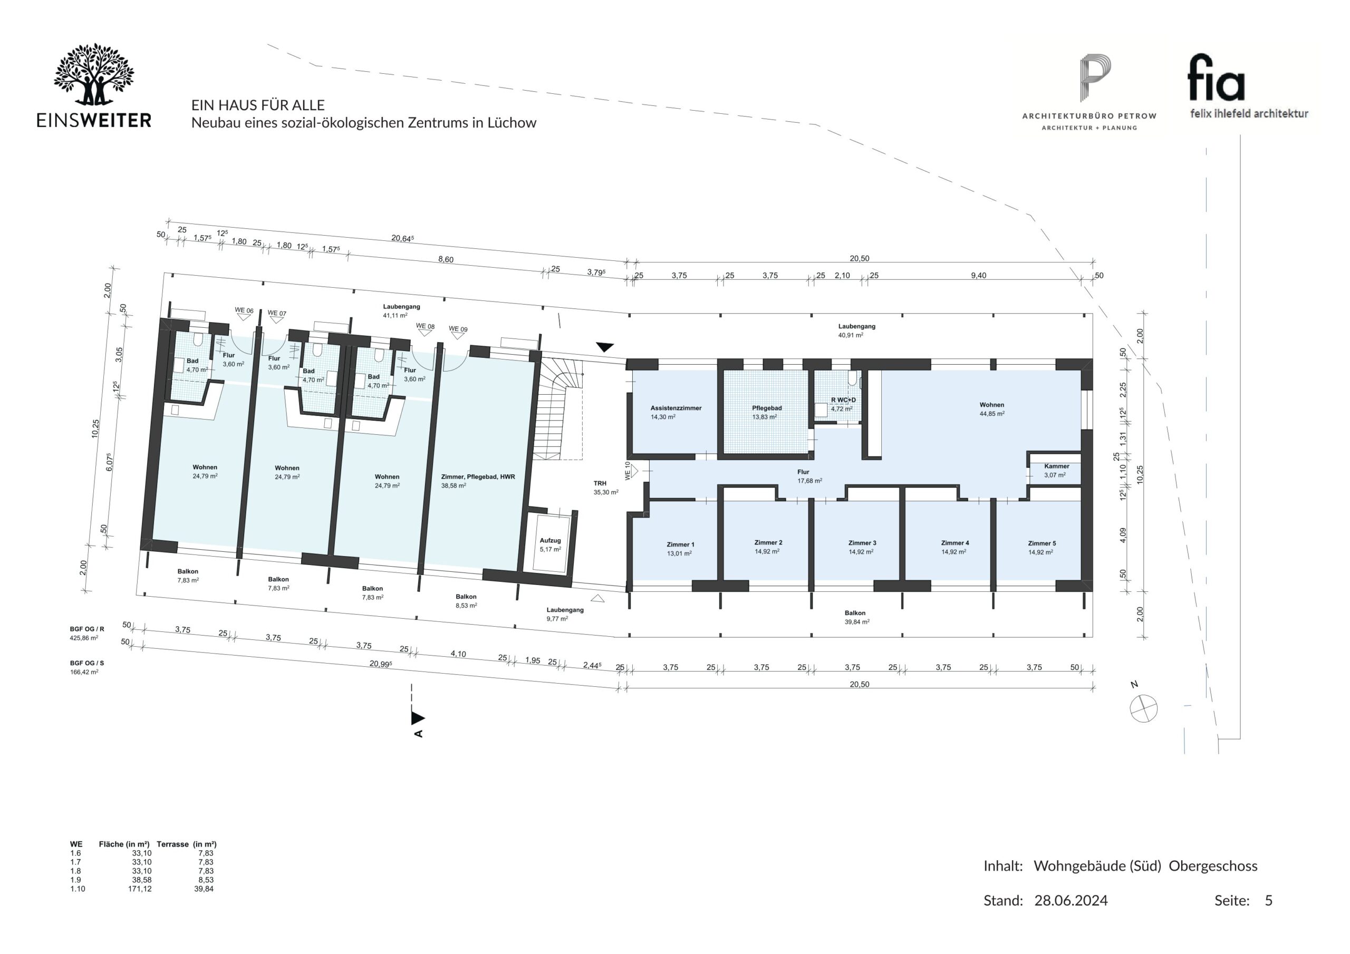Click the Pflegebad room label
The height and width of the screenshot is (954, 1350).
[x=767, y=408]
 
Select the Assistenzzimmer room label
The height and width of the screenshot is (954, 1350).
[x=676, y=408]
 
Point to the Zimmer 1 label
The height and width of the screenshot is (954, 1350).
[x=680, y=544]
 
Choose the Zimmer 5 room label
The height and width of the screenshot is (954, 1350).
[x=1042, y=543]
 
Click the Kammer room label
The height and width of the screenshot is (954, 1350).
[x=1057, y=466]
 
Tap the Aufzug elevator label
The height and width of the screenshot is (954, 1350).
[x=551, y=540]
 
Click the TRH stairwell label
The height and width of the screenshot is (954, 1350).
[x=600, y=483]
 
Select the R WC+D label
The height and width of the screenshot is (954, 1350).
[x=843, y=400]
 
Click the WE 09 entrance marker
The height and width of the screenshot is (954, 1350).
[x=458, y=332]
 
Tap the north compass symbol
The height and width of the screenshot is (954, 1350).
[x=1144, y=708]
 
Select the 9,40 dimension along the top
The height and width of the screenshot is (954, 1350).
[x=978, y=276]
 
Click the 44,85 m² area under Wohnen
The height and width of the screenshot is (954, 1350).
[x=992, y=414]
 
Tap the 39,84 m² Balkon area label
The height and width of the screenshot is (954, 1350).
[x=857, y=621]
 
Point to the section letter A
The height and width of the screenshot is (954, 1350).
[x=419, y=734]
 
